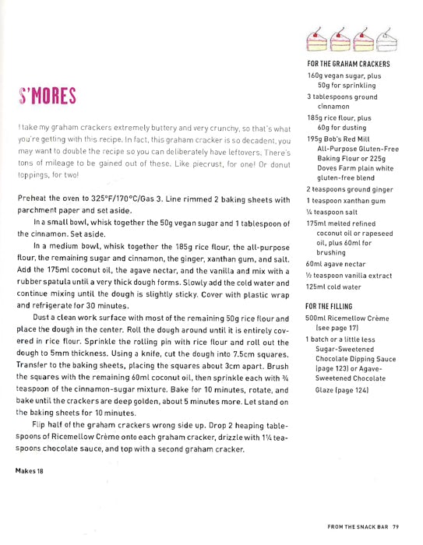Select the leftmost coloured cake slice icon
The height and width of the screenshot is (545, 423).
318,35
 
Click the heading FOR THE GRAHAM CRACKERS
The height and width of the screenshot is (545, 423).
348,63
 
